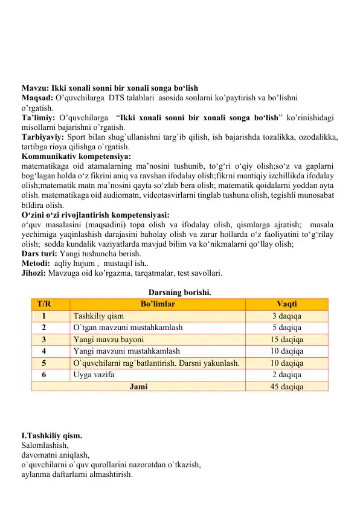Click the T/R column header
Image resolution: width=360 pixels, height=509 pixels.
coord(44,304)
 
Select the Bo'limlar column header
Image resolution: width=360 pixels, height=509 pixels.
coord(158,304)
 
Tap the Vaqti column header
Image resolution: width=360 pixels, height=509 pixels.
coord(287,304)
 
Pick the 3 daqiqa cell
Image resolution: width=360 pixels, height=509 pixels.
coord(287,316)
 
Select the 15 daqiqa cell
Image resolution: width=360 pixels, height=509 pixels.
coord(287,339)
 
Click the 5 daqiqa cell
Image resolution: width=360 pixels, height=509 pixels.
coord(287,327)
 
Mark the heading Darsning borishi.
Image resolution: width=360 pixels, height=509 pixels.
coord(179,293)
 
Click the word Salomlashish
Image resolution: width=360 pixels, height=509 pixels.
coord(45,445)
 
